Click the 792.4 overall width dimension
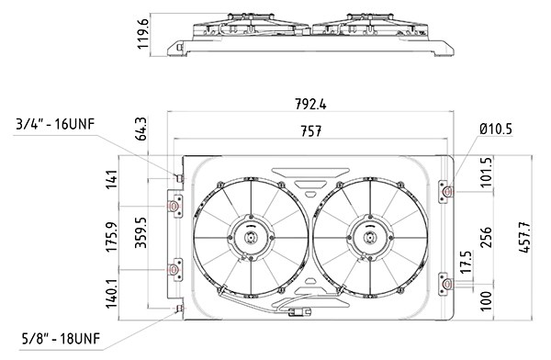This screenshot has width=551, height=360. (x=310, y=104)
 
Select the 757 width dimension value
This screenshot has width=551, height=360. (x=311, y=131)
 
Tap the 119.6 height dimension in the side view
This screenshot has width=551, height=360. (x=143, y=35)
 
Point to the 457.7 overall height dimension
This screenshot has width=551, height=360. (x=524, y=237)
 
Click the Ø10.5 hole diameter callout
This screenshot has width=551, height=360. (x=496, y=129)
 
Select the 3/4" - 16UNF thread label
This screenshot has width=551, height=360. (x=55, y=125)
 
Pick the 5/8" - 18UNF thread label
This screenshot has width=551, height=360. (x=61, y=339)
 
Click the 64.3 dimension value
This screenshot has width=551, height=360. (x=141, y=129)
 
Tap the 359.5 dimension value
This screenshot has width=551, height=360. (x=141, y=232)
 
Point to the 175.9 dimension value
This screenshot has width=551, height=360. (x=111, y=237)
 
